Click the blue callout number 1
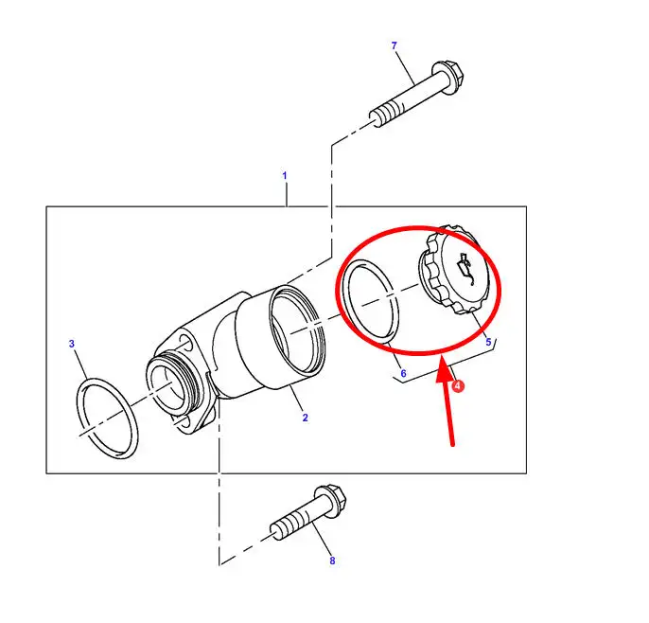285,176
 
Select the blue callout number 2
305,418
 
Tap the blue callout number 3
72,344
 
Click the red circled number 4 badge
457,386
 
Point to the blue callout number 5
488,342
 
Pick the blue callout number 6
403,374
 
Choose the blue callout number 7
394,45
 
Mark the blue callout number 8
332,561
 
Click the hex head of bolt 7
447,76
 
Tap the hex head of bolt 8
331,500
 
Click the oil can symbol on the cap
465,269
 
